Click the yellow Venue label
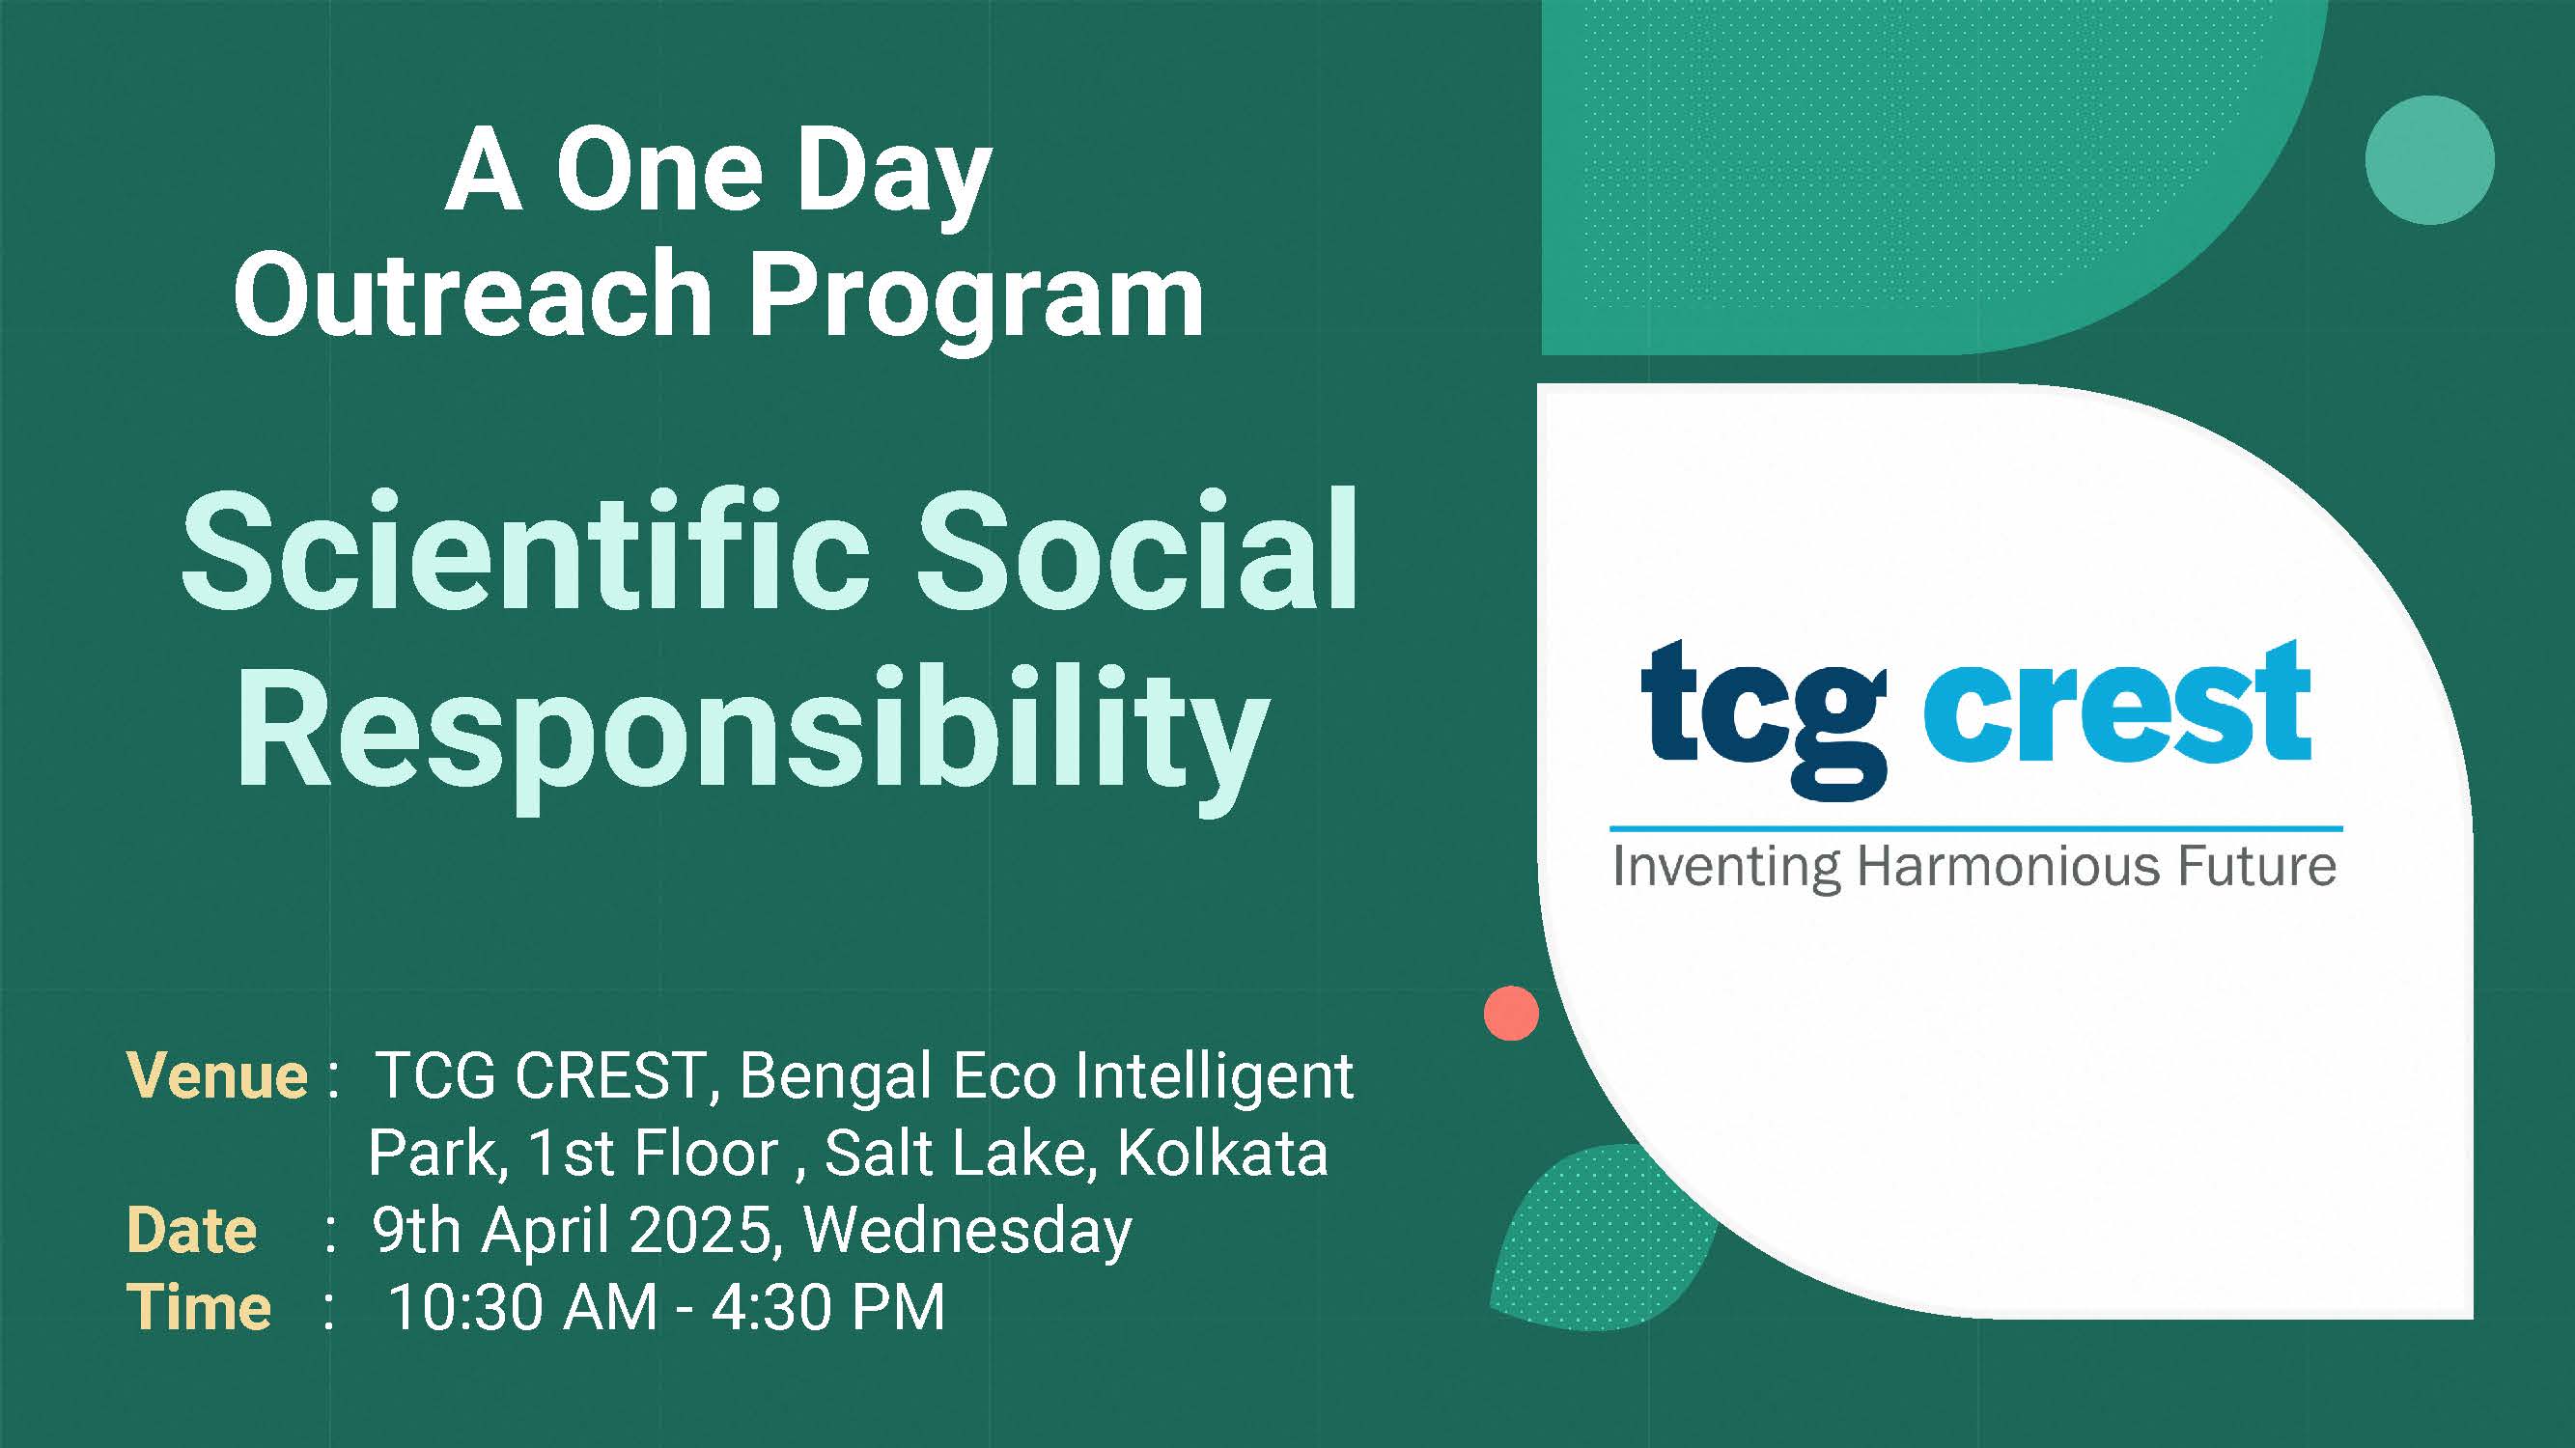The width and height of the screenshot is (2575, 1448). [217, 1076]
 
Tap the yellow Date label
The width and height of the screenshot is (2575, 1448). [192, 1230]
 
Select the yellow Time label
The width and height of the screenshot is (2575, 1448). [199, 1307]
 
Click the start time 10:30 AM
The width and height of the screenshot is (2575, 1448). [522, 1307]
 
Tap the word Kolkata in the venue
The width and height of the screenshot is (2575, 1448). [1222, 1154]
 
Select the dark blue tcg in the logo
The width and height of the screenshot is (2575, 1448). [1763, 717]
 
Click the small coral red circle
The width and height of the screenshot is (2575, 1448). [1511, 1014]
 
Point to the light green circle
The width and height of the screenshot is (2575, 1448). [2430, 160]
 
